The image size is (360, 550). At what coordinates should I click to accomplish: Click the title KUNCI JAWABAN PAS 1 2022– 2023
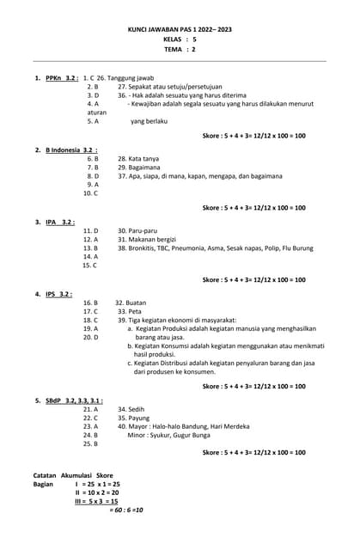(x=180, y=28)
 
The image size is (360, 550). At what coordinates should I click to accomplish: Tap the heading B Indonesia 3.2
(x=71, y=150)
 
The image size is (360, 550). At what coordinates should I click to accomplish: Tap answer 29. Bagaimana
(x=138, y=168)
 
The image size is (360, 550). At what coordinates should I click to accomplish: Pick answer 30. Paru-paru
(x=138, y=231)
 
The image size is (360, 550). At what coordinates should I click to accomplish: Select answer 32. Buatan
(x=131, y=303)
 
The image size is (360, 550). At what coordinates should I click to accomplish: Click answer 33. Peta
(x=130, y=312)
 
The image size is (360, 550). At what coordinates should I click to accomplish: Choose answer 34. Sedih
(x=131, y=410)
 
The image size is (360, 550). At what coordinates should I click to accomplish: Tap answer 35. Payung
(x=133, y=419)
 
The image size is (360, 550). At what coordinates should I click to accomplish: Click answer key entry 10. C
(x=90, y=193)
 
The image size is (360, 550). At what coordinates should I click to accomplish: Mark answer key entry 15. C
(x=89, y=266)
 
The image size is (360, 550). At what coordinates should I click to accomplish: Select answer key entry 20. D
(x=90, y=338)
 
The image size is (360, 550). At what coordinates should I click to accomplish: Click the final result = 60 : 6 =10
(x=126, y=510)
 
